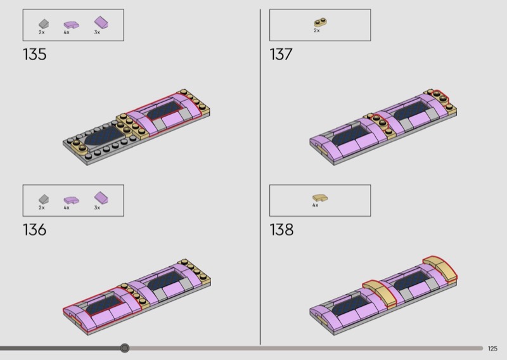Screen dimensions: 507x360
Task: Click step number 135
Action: (35, 54)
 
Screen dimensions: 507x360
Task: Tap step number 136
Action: (35, 229)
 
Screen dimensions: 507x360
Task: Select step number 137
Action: (281, 54)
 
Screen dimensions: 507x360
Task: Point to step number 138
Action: (281, 229)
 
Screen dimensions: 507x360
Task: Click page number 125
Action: (492, 349)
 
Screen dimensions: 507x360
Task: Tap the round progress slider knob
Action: (124, 348)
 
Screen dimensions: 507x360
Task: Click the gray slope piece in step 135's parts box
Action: (44, 23)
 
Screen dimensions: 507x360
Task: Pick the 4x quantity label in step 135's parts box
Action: (67, 32)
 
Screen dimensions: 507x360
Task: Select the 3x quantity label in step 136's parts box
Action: (97, 208)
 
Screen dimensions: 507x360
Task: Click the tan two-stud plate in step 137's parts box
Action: (320, 22)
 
